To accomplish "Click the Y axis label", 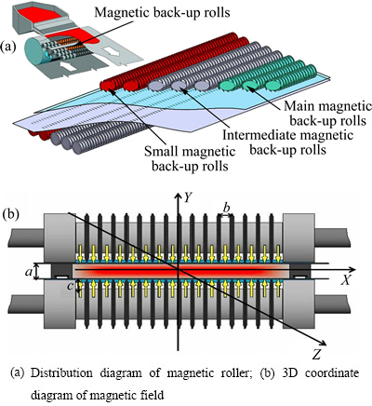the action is click(x=187, y=197).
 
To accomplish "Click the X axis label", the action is click(x=345, y=280).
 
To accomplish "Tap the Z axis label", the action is click(x=316, y=354).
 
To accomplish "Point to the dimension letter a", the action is click(x=29, y=272).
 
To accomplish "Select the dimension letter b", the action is click(x=227, y=208).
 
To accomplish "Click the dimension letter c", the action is click(x=71, y=286).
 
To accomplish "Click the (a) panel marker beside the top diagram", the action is click(x=8, y=47).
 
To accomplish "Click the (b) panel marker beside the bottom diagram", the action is click(x=10, y=214).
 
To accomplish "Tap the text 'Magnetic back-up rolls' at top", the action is click(x=162, y=12).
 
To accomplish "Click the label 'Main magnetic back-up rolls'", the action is click(x=327, y=114).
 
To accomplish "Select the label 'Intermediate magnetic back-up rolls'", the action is click(x=287, y=142).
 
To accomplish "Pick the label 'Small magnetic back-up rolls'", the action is click(x=190, y=158).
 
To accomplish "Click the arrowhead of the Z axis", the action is click(x=324, y=343).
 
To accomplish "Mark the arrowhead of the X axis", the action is click(x=352, y=270).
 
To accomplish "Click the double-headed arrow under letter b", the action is click(x=225, y=215).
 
